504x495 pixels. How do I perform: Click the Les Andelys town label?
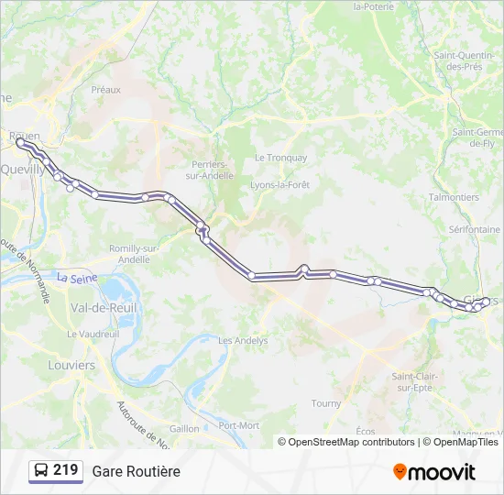tap(243, 340)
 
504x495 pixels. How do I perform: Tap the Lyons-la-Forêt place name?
tap(282, 185)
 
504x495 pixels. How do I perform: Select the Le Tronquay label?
tap(280, 158)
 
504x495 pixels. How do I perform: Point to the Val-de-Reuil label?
tap(104, 308)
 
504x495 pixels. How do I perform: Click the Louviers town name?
tap(71, 365)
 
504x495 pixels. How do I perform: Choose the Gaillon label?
tap(184, 428)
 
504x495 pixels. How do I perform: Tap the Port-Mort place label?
tap(239, 425)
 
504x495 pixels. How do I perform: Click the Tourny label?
tap(326, 403)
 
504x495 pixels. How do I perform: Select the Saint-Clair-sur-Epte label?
tap(415, 381)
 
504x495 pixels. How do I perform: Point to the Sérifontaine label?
tap(475, 229)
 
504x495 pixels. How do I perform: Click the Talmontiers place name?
tap(454, 197)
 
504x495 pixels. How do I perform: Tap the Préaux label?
tap(106, 90)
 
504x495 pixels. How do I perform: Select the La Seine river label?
tap(76, 276)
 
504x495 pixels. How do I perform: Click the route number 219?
tap(65, 470)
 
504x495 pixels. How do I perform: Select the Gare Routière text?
tap(136, 471)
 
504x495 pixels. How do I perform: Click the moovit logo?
tap(434, 471)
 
